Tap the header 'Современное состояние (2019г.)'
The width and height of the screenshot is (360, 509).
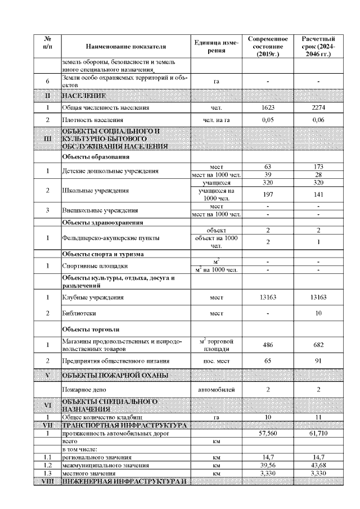point(268,46)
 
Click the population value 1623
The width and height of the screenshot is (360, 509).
point(268,107)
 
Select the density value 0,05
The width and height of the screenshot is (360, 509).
point(268,120)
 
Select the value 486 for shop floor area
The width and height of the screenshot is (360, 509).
point(268,344)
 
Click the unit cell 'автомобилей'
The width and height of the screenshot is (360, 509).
point(217,389)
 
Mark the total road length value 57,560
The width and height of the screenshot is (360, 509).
point(268,434)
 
